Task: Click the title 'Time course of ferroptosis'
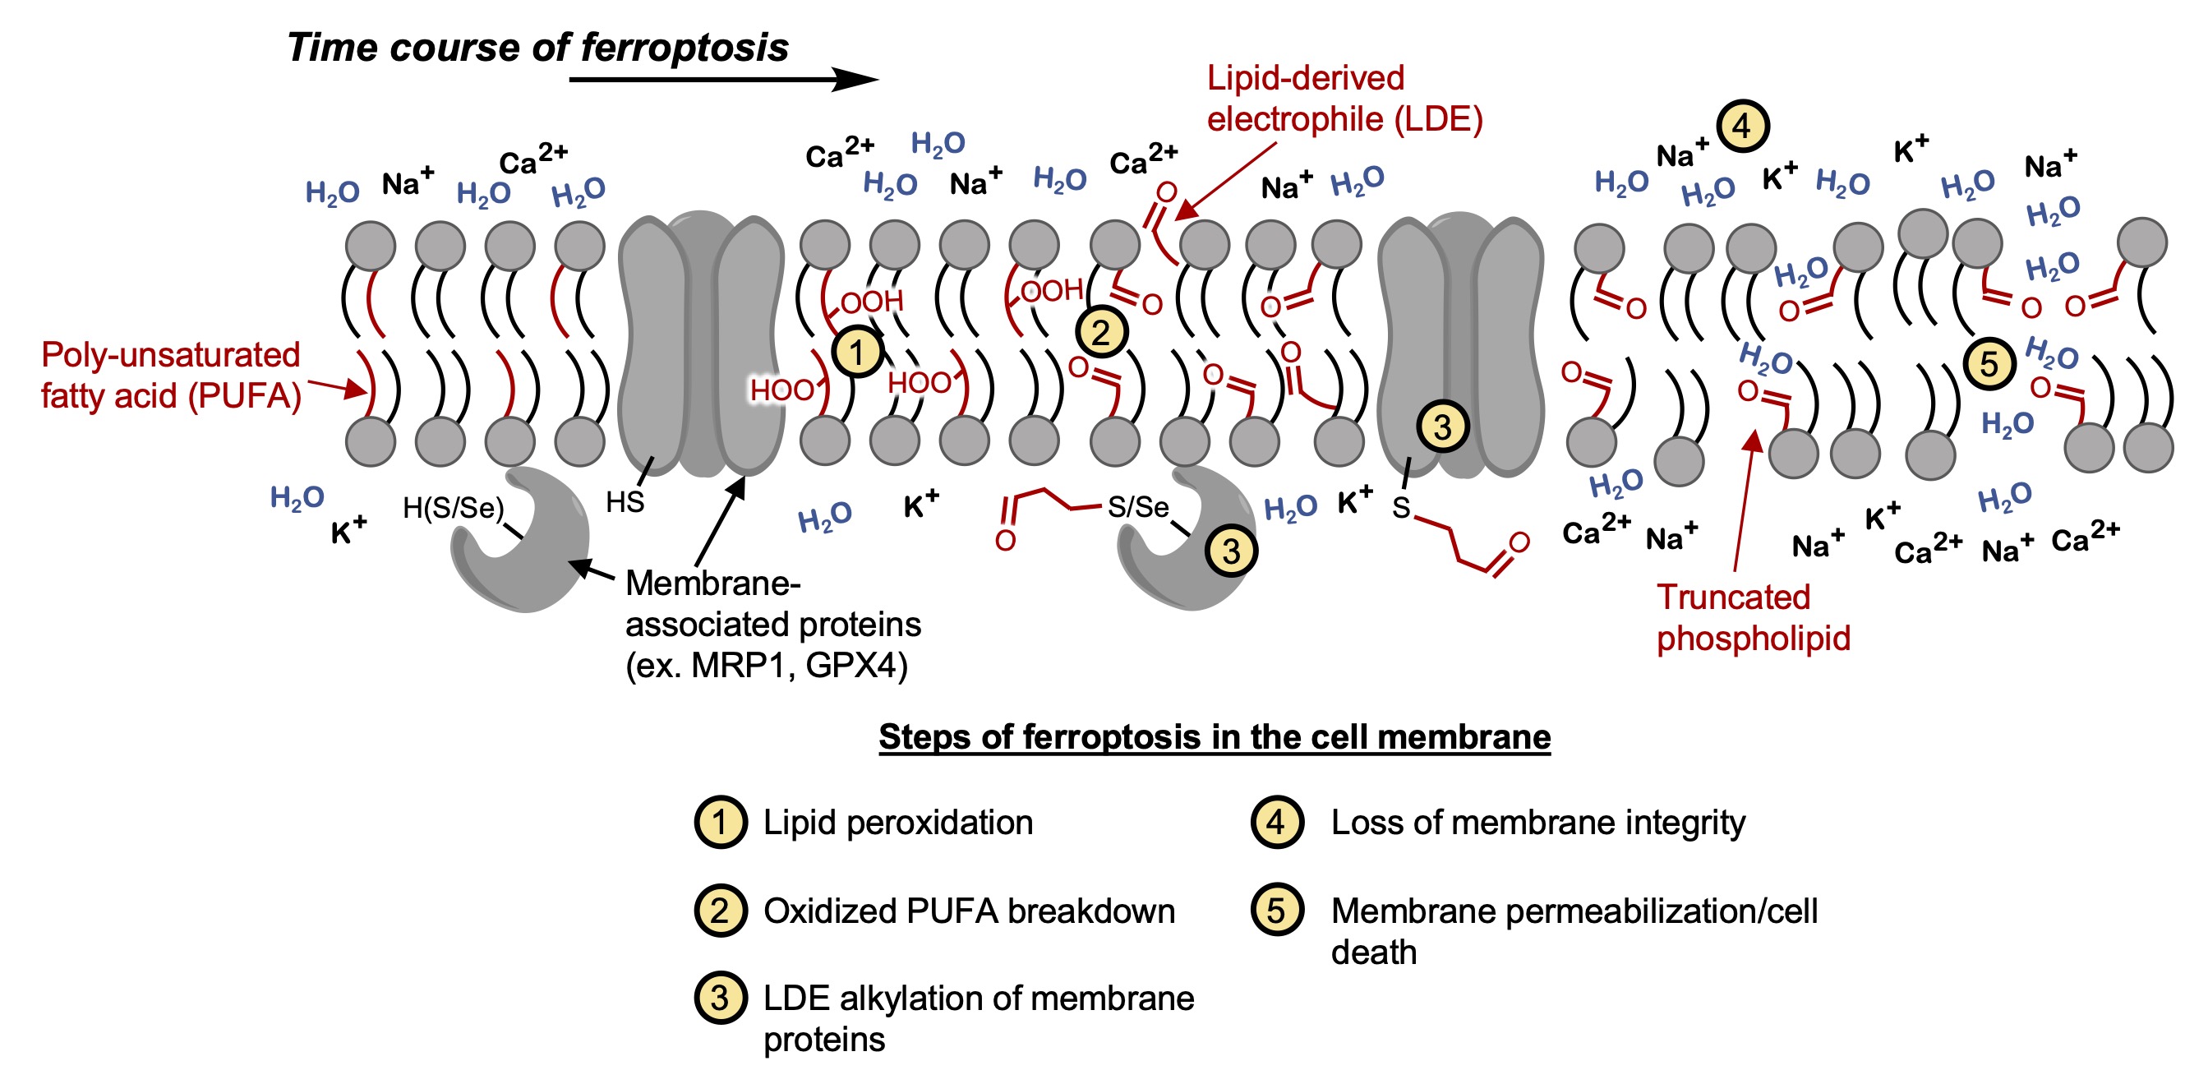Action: click(537, 48)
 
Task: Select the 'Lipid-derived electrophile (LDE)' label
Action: click(1344, 99)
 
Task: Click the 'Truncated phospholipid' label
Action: click(1753, 617)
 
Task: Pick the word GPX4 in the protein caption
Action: click(856, 666)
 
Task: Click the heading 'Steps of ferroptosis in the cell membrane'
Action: click(1214, 736)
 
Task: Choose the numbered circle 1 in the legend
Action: click(720, 822)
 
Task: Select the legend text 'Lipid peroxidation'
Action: click(897, 822)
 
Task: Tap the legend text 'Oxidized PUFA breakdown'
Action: click(969, 911)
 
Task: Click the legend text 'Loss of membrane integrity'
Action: click(1537, 822)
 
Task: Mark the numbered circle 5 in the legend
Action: click(1276, 910)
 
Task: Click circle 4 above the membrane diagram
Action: click(1742, 127)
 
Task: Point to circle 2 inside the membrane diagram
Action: click(1101, 333)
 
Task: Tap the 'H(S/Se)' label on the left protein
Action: click(453, 508)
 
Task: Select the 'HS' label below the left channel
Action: click(625, 502)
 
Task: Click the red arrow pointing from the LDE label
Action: click(1225, 180)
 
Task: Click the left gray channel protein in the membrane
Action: click(701, 344)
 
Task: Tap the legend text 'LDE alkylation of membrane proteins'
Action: click(978, 1017)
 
